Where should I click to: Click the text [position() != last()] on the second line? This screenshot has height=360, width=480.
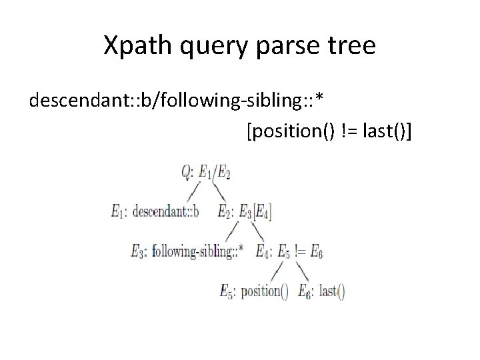pyautogui.click(x=329, y=133)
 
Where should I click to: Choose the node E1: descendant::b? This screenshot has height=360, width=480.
pyautogui.click(x=155, y=212)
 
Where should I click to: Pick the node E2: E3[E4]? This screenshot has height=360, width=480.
pyautogui.click(x=245, y=212)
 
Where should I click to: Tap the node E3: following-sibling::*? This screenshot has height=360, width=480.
pyautogui.click(x=189, y=251)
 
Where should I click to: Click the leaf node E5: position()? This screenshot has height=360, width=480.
pyautogui.click(x=254, y=291)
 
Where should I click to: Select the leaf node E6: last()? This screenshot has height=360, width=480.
pyautogui.click(x=321, y=291)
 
